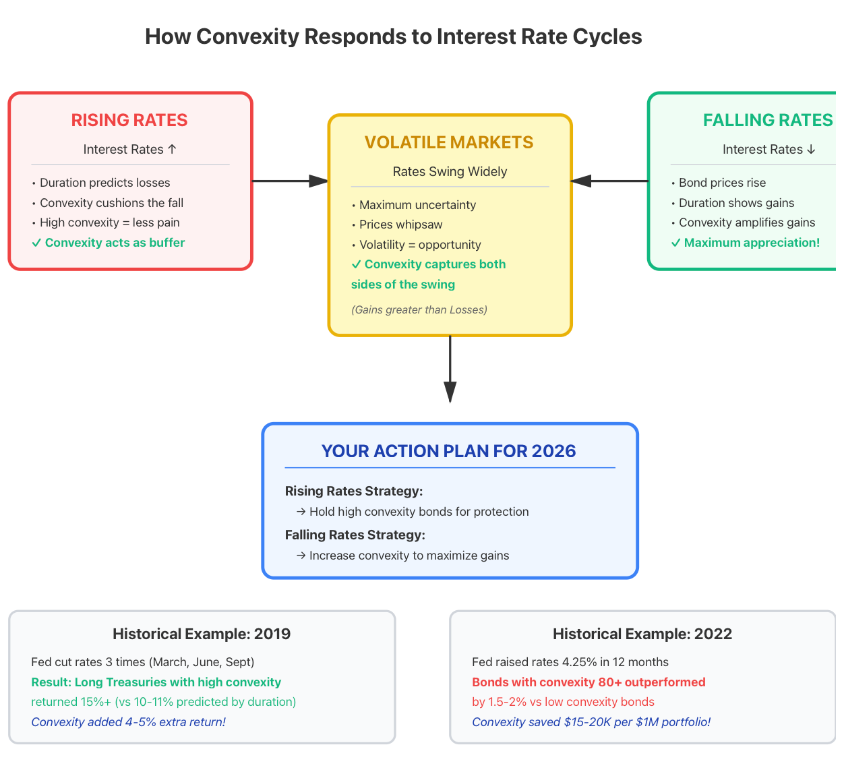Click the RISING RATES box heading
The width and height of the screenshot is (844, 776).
click(129, 121)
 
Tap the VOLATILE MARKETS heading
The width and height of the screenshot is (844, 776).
click(449, 143)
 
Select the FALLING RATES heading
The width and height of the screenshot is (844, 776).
click(768, 121)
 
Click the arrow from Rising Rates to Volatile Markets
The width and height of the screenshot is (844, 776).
click(290, 181)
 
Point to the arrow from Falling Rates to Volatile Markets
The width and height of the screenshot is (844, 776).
click(609, 181)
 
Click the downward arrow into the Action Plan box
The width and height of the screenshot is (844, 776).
click(450, 369)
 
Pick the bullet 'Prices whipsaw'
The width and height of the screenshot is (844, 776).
click(397, 225)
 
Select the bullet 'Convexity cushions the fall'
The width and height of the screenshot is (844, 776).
click(108, 203)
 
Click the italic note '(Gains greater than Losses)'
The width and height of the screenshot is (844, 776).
click(419, 309)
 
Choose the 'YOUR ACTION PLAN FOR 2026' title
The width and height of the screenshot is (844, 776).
click(448, 451)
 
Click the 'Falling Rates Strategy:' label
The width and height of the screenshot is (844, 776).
click(355, 535)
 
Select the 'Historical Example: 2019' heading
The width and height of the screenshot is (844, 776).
click(202, 634)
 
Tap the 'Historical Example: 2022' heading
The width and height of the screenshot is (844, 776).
click(642, 634)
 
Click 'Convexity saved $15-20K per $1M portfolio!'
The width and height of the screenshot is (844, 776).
click(591, 722)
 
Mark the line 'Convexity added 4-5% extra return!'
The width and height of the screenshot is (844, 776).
click(128, 722)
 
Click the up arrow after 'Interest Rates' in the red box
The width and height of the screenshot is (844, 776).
click(172, 149)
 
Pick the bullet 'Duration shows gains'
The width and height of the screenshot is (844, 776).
click(733, 203)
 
